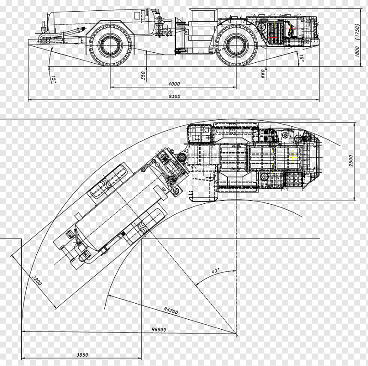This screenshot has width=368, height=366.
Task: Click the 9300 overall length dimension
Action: tap(174, 96)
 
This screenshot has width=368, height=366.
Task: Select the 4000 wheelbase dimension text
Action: tap(174, 83)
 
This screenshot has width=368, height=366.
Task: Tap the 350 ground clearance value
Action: tap(143, 76)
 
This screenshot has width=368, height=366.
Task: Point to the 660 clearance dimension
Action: tap(263, 74)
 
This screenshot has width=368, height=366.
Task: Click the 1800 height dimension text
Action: tap(357, 51)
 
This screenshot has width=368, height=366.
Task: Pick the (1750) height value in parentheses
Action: tap(357, 32)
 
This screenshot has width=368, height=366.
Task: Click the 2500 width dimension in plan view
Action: tap(351, 161)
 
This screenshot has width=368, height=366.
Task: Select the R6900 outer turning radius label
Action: tap(158, 329)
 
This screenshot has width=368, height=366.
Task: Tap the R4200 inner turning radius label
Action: tap(171, 311)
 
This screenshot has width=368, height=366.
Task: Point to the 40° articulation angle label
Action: tap(215, 271)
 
